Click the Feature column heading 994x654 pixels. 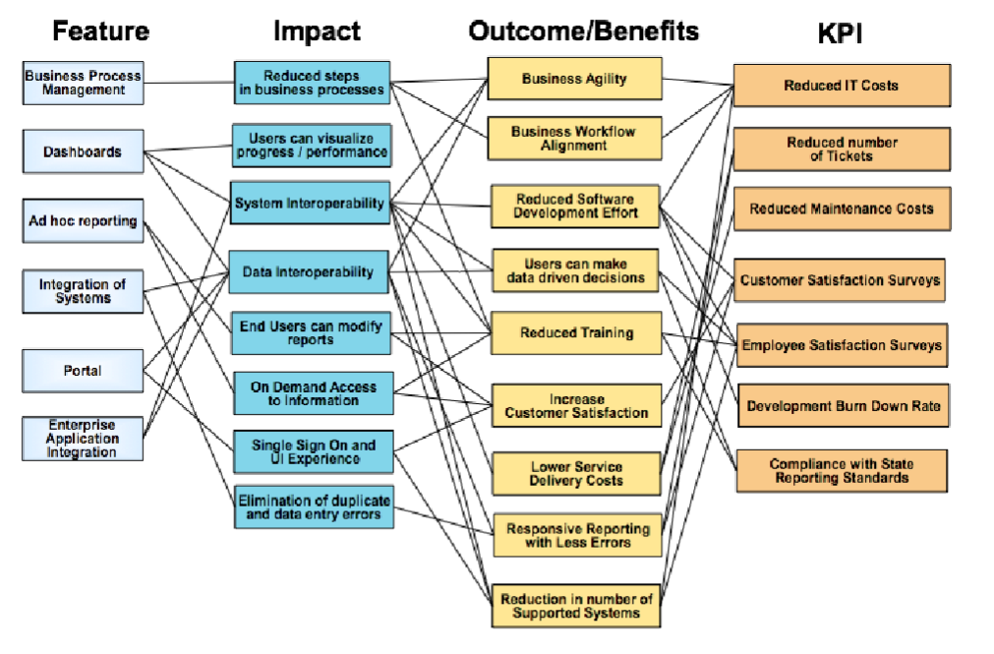click(100, 31)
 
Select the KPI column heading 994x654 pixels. click(842, 33)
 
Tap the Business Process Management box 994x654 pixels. click(83, 83)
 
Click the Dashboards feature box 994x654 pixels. click(83, 152)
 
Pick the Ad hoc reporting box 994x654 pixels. click(83, 221)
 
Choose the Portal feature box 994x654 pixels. click(83, 371)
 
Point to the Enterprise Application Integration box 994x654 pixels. click(83, 439)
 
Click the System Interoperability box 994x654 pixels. click(310, 204)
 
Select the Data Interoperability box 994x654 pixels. click(310, 271)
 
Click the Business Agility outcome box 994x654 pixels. click(574, 80)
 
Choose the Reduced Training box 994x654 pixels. click(576, 333)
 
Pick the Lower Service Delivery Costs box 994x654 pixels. click(576, 473)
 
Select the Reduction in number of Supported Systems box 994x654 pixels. click(576, 606)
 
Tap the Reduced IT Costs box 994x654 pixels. click(841, 86)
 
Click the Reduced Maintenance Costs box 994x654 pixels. click(841, 208)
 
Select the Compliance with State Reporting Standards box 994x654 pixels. click(841, 471)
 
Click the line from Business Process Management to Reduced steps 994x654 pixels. click(189, 83)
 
